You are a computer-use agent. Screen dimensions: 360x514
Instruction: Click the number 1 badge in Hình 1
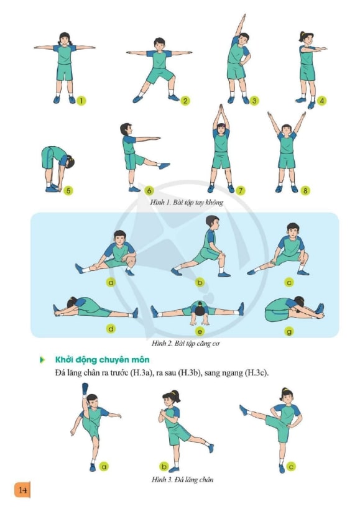click(81, 100)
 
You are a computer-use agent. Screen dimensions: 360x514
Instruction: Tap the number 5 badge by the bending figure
click(68, 190)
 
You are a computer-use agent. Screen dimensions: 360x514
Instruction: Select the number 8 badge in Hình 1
click(305, 190)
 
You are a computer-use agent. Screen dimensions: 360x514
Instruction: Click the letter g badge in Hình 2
click(289, 332)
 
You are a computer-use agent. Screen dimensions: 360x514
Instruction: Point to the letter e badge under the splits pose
click(200, 332)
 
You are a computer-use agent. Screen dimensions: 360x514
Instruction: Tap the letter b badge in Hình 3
click(164, 466)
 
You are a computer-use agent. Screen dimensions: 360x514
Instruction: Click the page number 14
click(22, 490)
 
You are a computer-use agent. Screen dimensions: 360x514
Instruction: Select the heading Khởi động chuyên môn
click(103, 360)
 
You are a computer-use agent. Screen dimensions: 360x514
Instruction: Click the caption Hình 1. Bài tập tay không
click(187, 202)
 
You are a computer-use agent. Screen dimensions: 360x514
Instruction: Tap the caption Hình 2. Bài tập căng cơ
click(185, 344)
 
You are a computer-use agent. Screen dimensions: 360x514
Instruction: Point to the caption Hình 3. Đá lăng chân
click(182, 480)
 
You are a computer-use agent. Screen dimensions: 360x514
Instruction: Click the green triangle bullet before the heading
click(42, 360)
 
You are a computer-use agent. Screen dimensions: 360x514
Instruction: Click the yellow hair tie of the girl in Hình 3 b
click(177, 392)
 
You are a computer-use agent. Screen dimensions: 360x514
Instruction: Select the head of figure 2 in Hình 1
click(159, 44)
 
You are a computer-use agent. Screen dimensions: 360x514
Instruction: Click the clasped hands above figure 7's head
click(221, 109)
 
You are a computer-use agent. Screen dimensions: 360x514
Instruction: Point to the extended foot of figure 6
click(164, 166)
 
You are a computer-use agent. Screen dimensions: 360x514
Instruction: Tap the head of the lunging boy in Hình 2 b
click(213, 223)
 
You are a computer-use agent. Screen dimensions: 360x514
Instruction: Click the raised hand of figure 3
click(243, 17)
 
